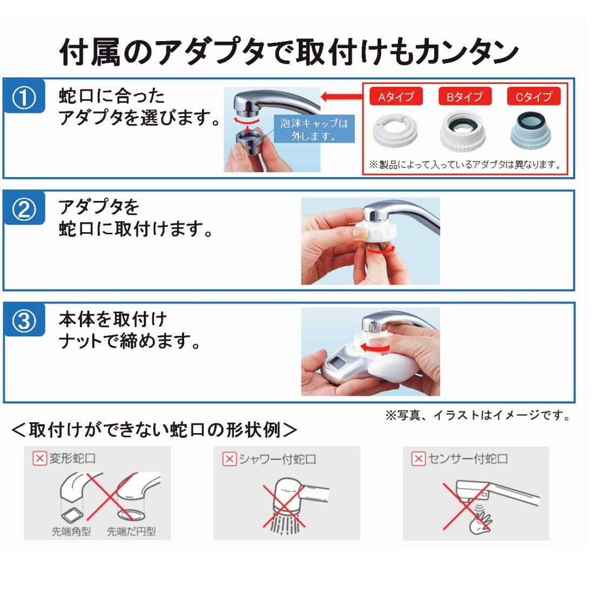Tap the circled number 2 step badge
pos(24,210)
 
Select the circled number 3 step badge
pos(24,321)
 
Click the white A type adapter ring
pos(395,131)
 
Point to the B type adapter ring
pos(463,131)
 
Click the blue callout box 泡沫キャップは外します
pos(314,129)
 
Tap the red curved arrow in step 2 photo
pos(381,251)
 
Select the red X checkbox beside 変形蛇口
pos(39,458)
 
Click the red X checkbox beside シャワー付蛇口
pos(229,459)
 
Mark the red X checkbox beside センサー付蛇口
pos(418,459)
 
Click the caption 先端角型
pos(71,531)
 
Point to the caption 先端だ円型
pos(131,531)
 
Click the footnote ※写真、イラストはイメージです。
pos(478,416)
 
